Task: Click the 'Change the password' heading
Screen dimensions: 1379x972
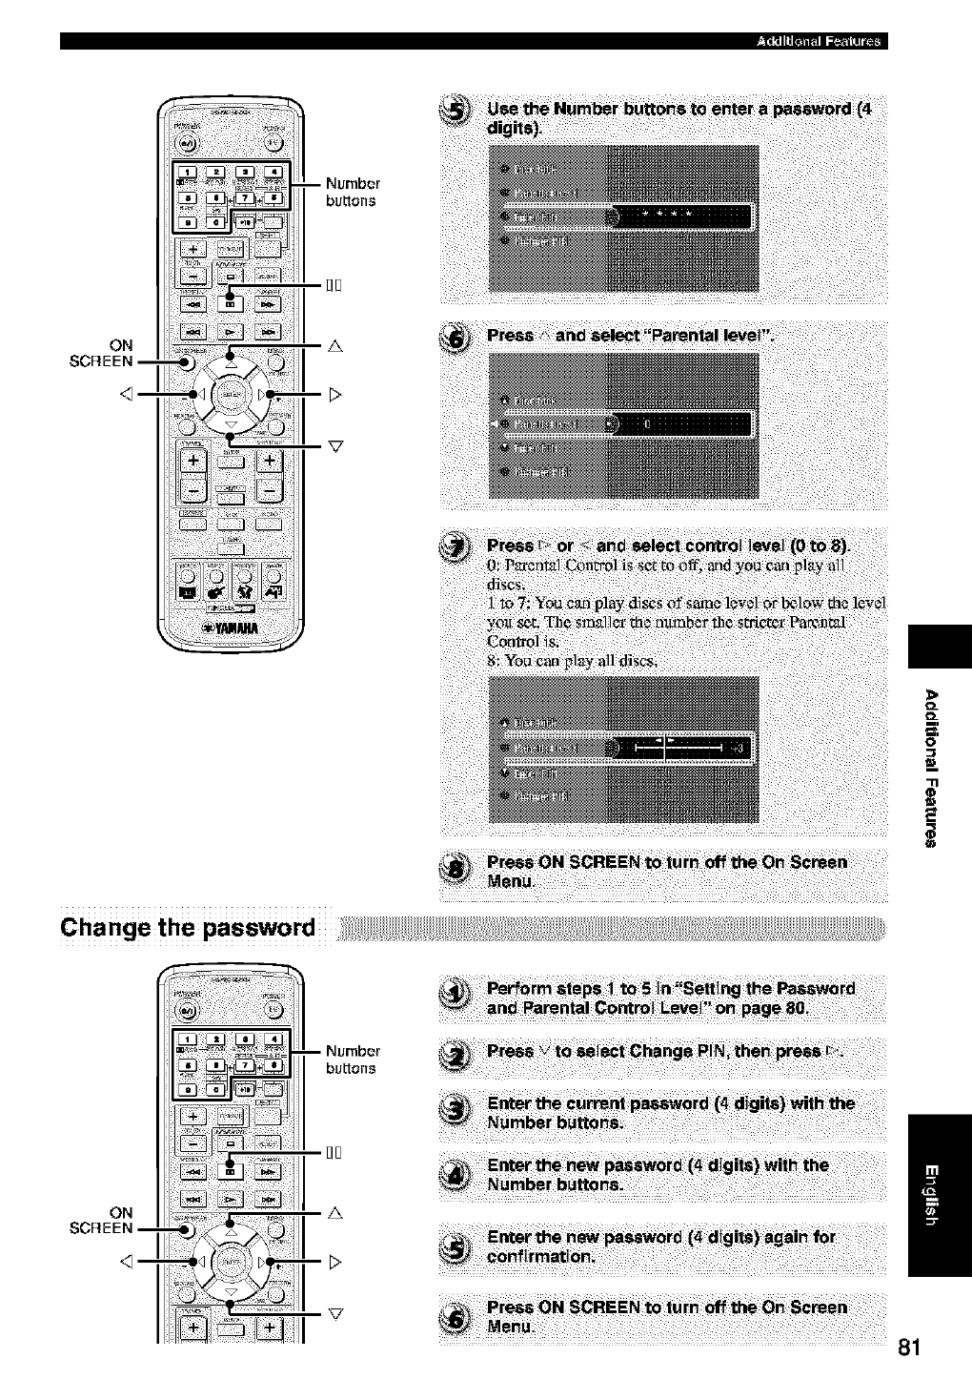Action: point(188,928)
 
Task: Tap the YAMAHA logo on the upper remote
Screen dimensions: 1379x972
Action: point(224,627)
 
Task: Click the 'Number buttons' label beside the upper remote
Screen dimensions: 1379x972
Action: point(352,192)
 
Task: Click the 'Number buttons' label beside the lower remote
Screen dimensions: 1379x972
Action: point(352,1060)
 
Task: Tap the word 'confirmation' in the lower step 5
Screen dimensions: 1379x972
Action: point(541,1256)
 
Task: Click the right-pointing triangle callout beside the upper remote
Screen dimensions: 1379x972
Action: point(334,394)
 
